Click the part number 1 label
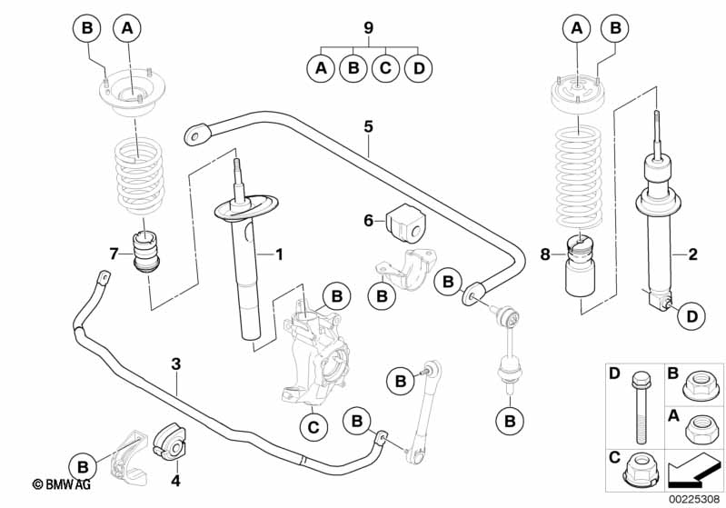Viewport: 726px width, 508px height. click(x=281, y=255)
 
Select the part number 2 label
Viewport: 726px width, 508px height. click(x=692, y=255)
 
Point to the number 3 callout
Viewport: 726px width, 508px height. click(x=176, y=364)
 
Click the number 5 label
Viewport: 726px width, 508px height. click(x=368, y=126)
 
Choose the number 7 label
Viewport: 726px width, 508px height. click(x=114, y=253)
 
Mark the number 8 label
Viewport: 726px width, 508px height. click(x=545, y=255)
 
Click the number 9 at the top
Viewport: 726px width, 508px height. click(x=368, y=28)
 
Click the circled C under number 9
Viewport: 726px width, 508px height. click(x=384, y=68)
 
